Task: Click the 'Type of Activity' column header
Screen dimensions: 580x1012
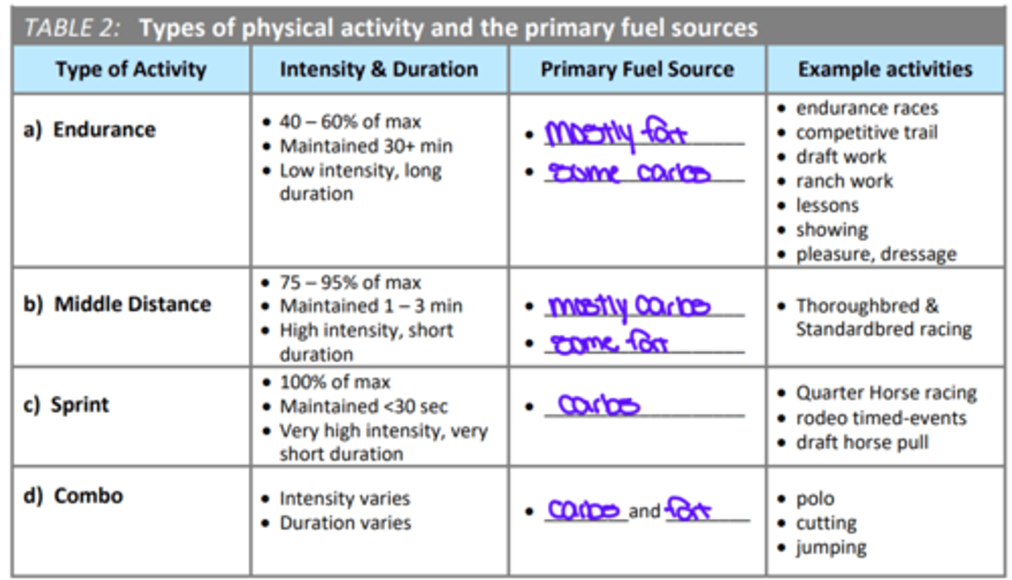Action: coord(131,70)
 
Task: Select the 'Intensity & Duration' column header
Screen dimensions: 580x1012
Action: coord(379,70)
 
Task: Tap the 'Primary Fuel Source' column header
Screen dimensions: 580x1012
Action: coord(637,70)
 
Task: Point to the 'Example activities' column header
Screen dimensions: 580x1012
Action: coord(885,70)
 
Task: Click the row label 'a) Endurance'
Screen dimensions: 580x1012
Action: coord(90,130)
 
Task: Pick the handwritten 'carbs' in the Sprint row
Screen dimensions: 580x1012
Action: coord(598,405)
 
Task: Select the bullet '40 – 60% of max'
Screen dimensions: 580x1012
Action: coord(350,122)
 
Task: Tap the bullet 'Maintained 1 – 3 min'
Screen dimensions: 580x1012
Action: coord(370,306)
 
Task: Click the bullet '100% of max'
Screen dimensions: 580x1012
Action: coord(335,383)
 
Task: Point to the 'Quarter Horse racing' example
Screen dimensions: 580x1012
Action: coord(885,393)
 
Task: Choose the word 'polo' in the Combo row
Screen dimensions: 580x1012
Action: coord(815,499)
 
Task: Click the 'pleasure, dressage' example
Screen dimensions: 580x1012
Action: coord(875,254)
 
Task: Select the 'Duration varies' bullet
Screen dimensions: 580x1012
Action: coord(345,523)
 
